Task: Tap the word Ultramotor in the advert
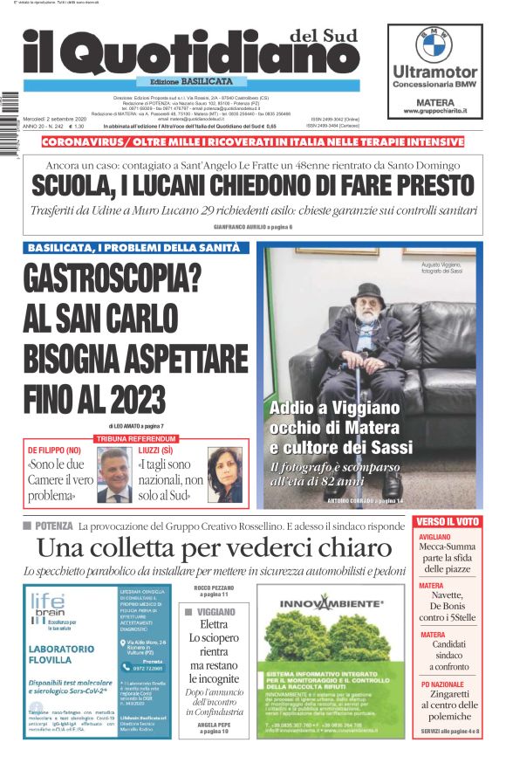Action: [x=434, y=72]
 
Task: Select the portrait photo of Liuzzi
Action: [x=225, y=475]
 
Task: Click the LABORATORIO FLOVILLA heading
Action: [x=61, y=649]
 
